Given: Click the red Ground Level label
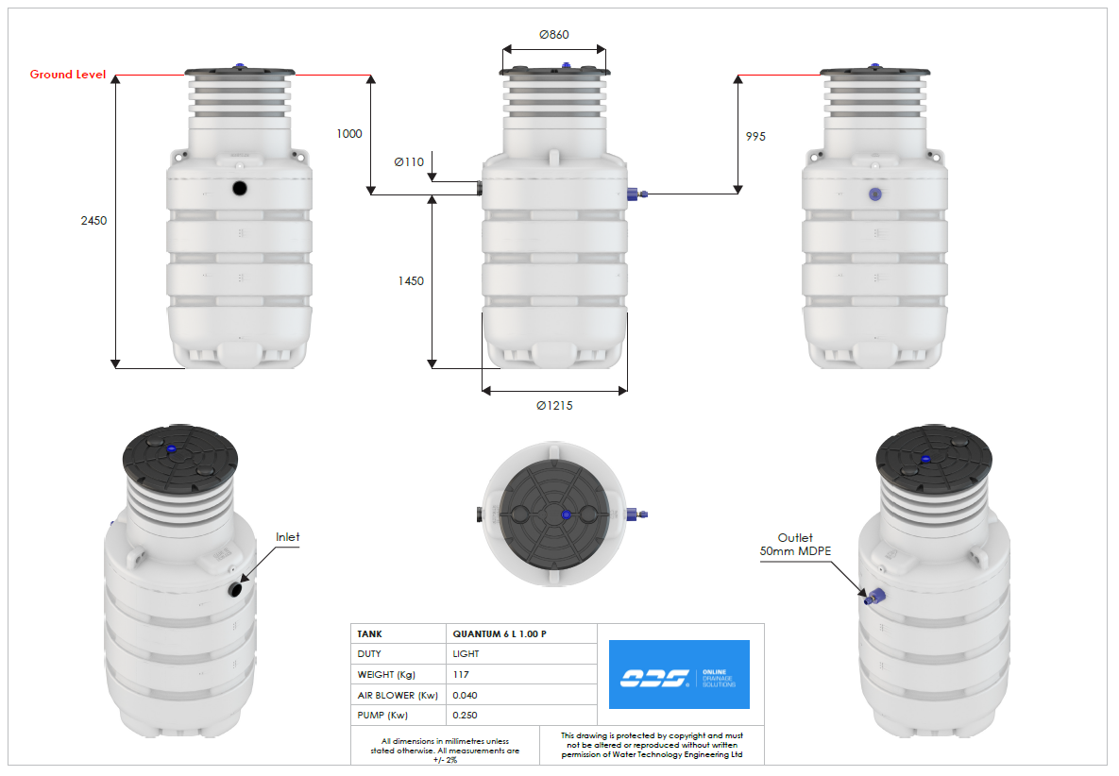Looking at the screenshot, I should tap(67, 75).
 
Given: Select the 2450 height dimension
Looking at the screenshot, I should tap(94, 221).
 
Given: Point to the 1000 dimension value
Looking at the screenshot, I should tap(348, 134).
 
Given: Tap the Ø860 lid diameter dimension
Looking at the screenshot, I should tap(554, 34).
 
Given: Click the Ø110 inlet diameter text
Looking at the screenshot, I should tap(409, 161).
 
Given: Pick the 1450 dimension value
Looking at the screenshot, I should tap(411, 281).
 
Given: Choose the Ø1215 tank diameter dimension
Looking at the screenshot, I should tap(554, 406).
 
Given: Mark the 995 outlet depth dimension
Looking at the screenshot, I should tap(755, 137).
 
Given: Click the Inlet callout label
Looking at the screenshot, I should tap(287, 537).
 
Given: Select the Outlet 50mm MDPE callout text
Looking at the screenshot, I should tap(795, 544).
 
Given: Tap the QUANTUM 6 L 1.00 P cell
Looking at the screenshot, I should tap(500, 634).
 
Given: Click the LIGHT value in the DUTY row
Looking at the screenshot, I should tap(466, 654).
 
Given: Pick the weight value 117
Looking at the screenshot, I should tap(461, 675).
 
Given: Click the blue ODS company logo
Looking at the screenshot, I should tap(679, 674).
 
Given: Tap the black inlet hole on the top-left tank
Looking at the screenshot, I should tap(241, 188).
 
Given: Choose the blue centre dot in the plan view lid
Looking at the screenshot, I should tap(565, 515).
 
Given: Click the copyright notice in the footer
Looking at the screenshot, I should tap(652, 745).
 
